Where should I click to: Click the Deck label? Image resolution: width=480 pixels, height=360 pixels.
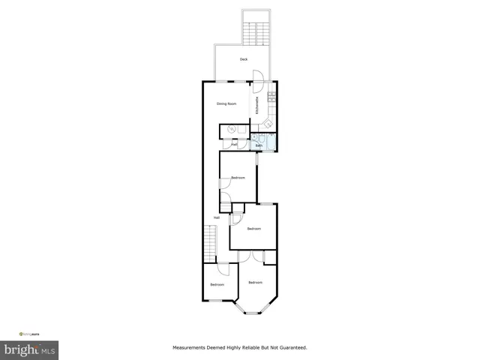(x=244, y=59)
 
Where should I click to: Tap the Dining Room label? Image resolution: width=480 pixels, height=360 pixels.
(x=226, y=103)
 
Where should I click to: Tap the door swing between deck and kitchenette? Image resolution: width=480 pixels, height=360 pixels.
(x=257, y=75)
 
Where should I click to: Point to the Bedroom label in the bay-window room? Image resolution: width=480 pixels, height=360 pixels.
(x=256, y=282)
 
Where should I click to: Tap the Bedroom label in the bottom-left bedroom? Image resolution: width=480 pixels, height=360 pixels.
(x=217, y=284)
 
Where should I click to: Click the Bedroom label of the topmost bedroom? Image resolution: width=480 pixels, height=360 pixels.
(x=238, y=177)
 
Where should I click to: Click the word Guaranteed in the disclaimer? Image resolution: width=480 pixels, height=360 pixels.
(x=290, y=348)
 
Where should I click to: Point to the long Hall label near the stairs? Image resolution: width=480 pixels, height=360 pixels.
(x=216, y=217)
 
